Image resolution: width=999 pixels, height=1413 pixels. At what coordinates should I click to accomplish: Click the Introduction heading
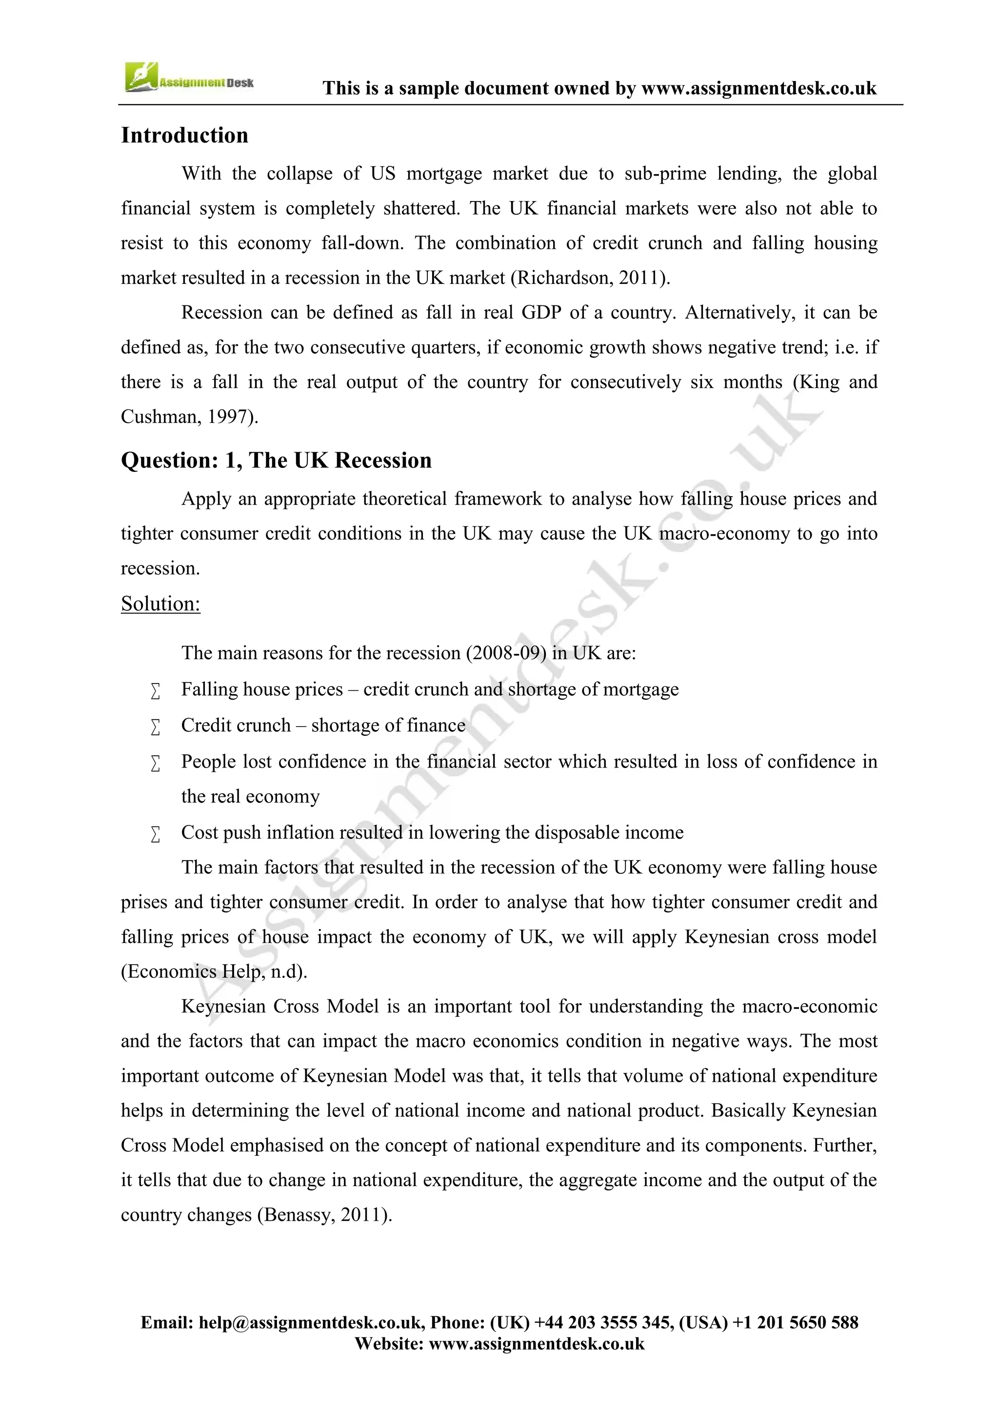coord(184,135)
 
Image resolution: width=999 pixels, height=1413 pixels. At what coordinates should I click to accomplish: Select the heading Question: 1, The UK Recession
coord(276,460)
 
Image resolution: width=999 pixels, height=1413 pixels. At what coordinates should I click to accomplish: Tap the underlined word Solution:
coord(160,604)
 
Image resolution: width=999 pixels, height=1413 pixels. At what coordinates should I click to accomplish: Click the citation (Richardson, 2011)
coord(590,278)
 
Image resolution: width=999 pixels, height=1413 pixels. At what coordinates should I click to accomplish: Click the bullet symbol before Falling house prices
coord(156,691)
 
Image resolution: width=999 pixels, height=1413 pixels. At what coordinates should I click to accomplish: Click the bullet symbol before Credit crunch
coord(156,727)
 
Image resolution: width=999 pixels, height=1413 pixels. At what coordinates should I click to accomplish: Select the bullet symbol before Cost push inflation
coord(156,834)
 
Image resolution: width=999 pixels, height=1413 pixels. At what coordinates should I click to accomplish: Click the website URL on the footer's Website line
coord(537,1343)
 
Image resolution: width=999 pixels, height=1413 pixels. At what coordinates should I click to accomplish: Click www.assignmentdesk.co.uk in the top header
coord(759,89)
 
